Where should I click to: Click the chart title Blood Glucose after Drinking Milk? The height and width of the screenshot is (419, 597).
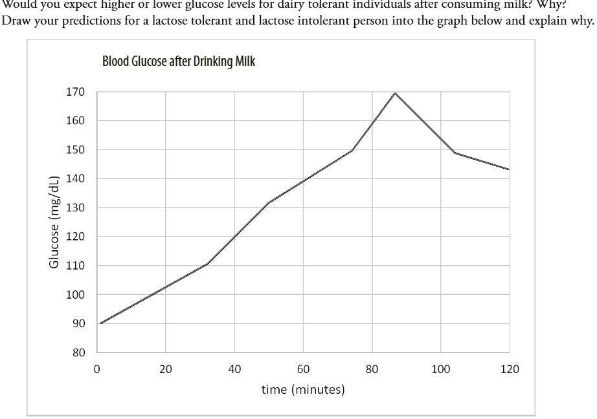(179, 62)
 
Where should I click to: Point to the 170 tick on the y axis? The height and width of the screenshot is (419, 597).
(75, 92)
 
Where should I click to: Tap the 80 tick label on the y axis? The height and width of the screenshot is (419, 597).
(78, 352)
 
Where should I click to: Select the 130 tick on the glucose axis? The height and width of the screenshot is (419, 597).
(75, 208)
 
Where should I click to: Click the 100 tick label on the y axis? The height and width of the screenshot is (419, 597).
(75, 295)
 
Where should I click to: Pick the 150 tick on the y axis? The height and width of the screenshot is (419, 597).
(75, 150)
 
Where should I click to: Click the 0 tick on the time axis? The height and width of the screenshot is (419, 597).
(96, 369)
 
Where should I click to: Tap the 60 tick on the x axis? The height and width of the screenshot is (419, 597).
(303, 369)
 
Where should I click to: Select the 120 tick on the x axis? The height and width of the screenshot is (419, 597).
(510, 369)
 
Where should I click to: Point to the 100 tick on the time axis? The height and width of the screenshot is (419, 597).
(441, 369)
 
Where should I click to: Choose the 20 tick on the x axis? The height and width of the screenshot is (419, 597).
(165, 369)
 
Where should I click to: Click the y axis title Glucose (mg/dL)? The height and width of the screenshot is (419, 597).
(55, 221)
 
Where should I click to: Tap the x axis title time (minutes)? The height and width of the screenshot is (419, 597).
(303, 389)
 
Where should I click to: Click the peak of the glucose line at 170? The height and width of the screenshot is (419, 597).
(394, 92)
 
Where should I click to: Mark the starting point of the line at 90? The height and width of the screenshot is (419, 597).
(101, 323)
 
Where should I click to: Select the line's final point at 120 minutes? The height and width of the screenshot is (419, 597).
(509, 169)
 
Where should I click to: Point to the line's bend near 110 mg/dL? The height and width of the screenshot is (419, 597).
(207, 264)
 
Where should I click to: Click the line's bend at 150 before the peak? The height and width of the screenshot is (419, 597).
(352, 150)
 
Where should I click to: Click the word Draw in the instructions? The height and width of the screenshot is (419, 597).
(16, 20)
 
